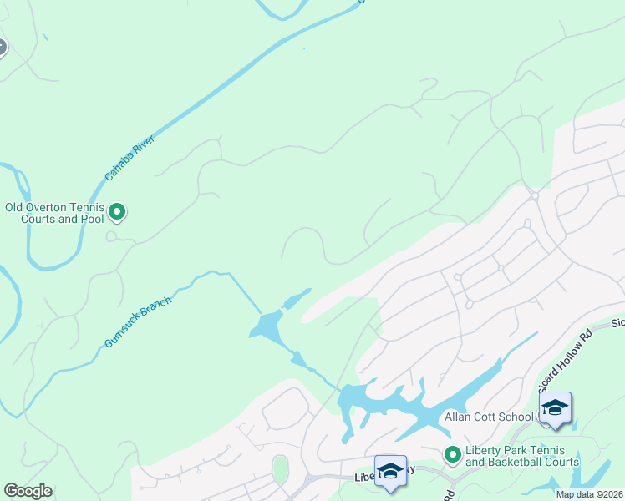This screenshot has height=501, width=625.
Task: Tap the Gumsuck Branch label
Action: point(138,322)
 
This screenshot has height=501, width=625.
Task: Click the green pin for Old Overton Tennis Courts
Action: point(118,213)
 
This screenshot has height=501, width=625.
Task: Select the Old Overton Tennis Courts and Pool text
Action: point(54,213)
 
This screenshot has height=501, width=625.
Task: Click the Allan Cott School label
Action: point(490,417)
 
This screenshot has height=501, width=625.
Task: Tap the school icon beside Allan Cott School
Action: point(555,408)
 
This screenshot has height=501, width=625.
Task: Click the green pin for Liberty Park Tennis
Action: point(453,455)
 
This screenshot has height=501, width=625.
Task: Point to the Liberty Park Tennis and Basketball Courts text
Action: point(521,456)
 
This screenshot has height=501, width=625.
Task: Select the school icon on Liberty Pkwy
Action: point(389,472)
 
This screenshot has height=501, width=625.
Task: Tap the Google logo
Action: point(28,491)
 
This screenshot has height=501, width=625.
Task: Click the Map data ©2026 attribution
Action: point(589,494)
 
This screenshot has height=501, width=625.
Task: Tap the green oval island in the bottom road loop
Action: point(280,469)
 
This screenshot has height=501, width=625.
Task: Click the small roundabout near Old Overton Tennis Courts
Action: point(111,236)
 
